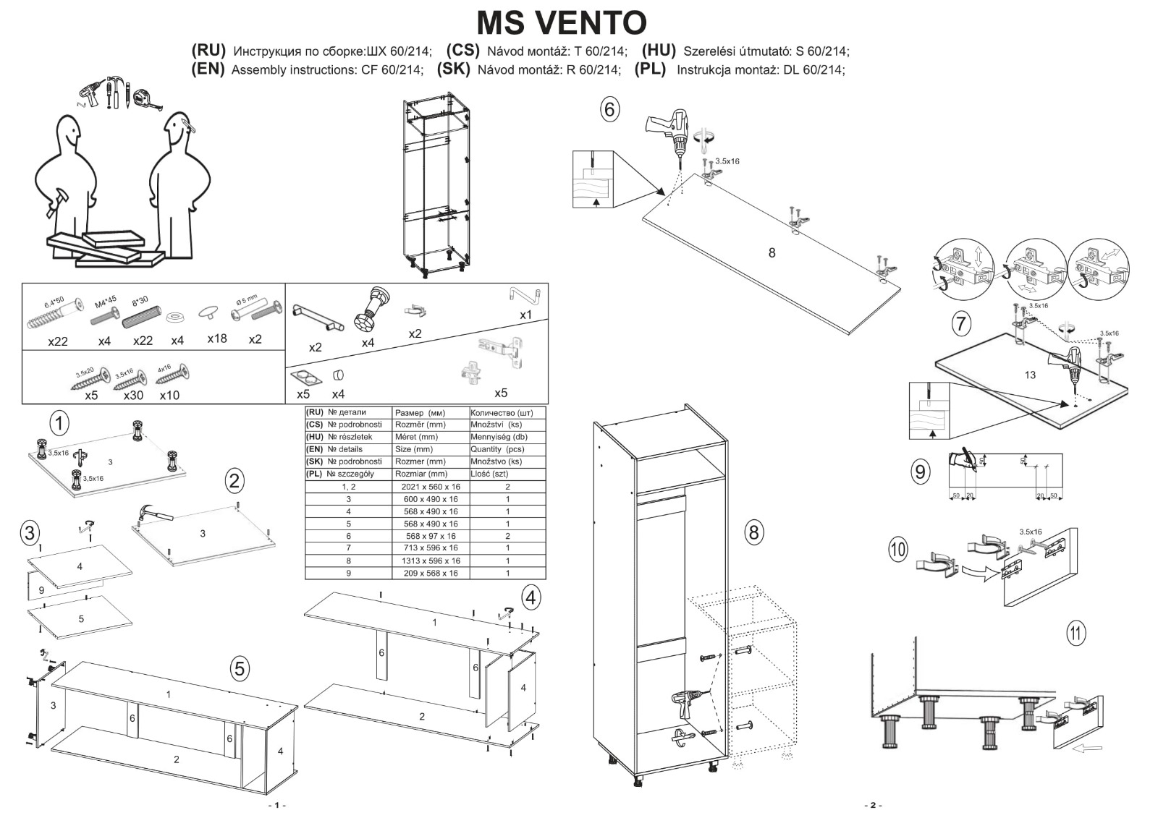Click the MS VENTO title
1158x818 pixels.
click(561, 22)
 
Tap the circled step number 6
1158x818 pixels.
click(609, 110)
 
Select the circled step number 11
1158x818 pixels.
click(1076, 634)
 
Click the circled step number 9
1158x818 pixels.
click(919, 472)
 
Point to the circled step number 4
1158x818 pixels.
click(531, 598)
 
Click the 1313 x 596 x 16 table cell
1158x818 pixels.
click(431, 561)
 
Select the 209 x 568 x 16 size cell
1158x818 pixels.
click(431, 573)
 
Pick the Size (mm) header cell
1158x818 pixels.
click(414, 449)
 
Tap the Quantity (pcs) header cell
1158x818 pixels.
click(497, 449)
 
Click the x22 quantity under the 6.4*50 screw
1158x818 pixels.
click(58, 341)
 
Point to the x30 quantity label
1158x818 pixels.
click(133, 395)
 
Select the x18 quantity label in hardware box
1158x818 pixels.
click(216, 338)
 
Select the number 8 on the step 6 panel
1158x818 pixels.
click(772, 252)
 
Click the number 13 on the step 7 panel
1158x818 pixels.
click(1030, 375)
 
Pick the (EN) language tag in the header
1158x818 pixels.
click(208, 69)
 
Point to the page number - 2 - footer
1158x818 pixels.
click(873, 805)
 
